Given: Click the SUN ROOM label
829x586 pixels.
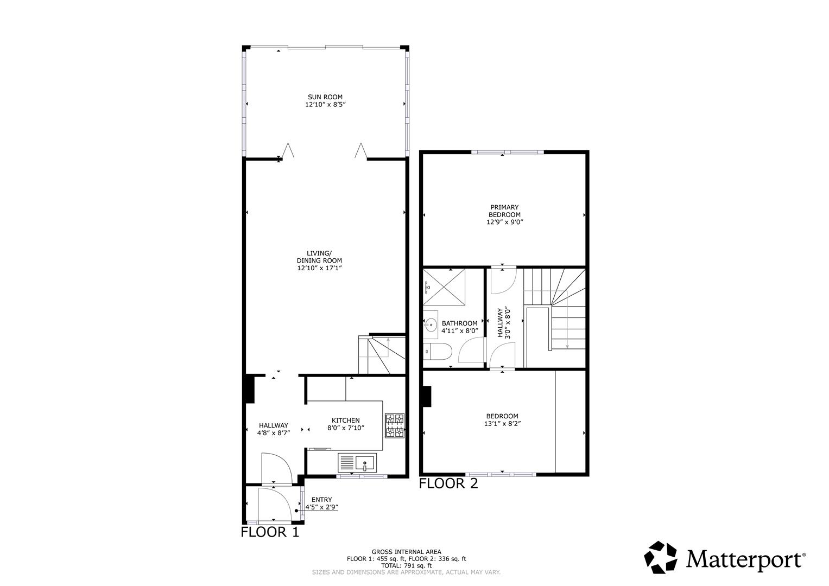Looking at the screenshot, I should [325, 98].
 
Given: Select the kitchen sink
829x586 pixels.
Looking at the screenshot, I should [365, 463].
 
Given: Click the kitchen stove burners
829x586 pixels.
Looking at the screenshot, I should [395, 425].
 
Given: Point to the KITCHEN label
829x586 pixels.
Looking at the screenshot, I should [346, 421].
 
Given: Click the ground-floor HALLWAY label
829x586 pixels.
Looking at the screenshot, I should [274, 425].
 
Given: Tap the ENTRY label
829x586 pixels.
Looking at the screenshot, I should [322, 500].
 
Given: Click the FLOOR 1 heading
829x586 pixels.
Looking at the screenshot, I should [270, 532].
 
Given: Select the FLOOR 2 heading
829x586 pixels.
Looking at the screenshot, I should [448, 483].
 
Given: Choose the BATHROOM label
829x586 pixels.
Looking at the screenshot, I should [459, 323].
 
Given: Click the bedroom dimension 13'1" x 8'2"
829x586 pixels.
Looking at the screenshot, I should [503, 424].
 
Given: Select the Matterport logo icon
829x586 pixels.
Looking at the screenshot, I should [661, 557].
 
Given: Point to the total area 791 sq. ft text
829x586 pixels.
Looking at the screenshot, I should [406, 565].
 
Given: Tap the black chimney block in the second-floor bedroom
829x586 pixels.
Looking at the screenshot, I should [427, 396].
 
